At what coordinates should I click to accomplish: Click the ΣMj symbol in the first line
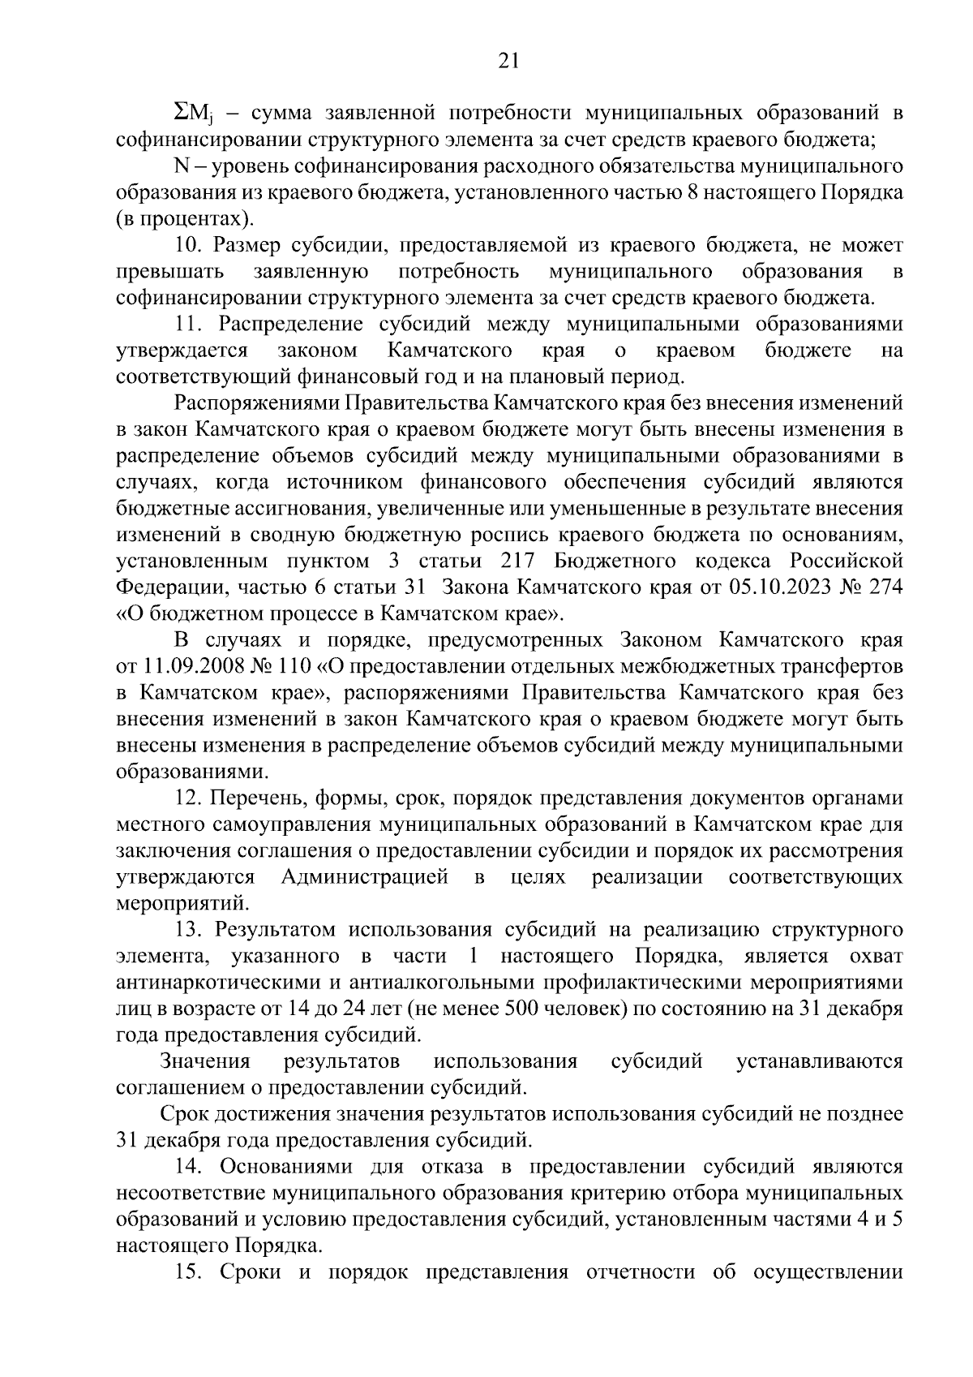pyautogui.click(x=194, y=113)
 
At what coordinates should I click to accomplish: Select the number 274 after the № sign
pyautogui.click(x=885, y=587)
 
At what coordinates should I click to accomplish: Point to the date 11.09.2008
pyautogui.click(x=187, y=666)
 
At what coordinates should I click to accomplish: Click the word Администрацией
pyautogui.click(x=365, y=877)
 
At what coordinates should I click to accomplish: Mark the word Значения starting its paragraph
pyautogui.click(x=205, y=1061)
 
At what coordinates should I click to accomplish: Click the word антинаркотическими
pyautogui.click(x=219, y=983)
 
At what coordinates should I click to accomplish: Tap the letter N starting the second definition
pyautogui.click(x=181, y=166)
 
